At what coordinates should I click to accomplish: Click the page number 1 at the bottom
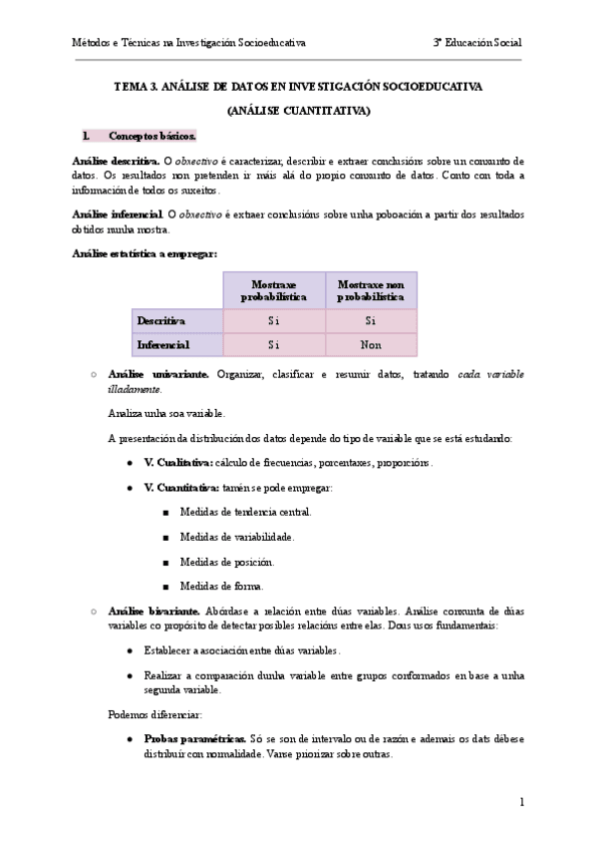(521, 801)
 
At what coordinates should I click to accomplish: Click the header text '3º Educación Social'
(476, 43)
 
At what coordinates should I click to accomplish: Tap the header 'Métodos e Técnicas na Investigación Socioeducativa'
(189, 43)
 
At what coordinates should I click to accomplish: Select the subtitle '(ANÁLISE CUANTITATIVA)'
(298, 110)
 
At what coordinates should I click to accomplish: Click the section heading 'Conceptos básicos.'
(152, 135)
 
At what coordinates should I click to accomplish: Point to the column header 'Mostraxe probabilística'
(273, 290)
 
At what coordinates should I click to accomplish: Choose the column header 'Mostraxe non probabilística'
(371, 290)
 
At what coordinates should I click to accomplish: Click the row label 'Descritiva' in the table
(161, 321)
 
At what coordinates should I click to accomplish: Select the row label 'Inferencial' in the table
(163, 344)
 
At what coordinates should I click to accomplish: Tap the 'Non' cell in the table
(371, 344)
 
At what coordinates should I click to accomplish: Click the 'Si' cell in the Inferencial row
(273, 344)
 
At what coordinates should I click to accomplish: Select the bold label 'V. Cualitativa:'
(179, 463)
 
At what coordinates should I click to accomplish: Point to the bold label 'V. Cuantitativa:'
(181, 488)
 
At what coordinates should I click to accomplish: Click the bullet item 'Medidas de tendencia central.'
(246, 512)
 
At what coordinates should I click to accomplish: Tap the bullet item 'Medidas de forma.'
(221, 586)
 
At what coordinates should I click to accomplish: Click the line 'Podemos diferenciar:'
(153, 714)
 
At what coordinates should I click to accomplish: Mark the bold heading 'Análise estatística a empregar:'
(146, 253)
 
